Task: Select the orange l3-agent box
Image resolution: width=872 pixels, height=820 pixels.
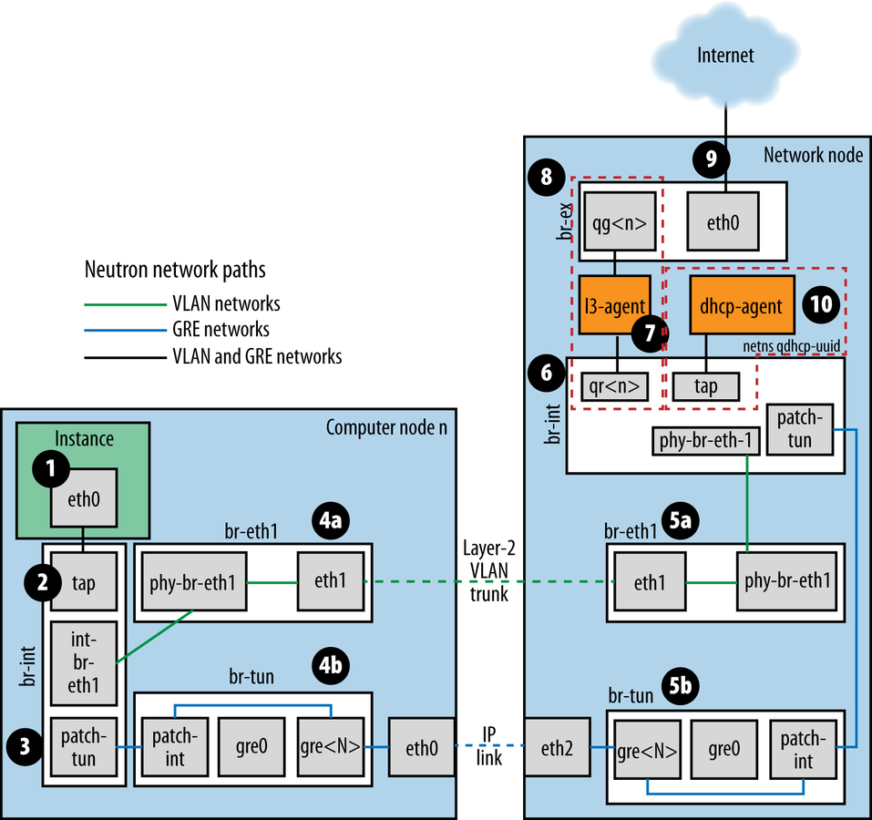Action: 614,306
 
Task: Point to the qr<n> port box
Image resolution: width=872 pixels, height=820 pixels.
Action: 614,386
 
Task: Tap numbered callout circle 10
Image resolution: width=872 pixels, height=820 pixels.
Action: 822,304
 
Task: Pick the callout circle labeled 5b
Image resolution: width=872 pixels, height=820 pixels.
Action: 710,682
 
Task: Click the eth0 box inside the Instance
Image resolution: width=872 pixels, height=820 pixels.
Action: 84,497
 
